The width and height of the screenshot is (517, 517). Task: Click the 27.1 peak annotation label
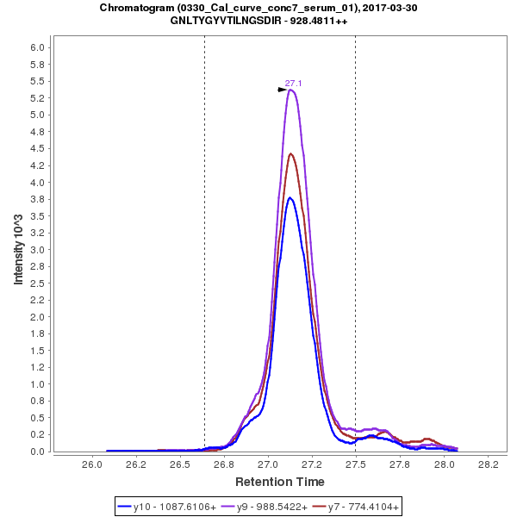293,84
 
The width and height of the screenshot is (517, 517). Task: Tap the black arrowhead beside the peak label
282,90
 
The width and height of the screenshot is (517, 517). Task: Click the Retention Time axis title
281,481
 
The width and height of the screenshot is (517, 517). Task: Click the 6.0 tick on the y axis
37,47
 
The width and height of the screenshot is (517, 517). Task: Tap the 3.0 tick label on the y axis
37,250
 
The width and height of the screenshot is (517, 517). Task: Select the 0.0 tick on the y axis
37,452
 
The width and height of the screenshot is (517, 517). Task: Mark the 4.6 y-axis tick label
37,142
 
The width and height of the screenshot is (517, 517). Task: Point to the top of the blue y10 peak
290,197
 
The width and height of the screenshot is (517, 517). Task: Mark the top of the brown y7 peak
291,154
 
